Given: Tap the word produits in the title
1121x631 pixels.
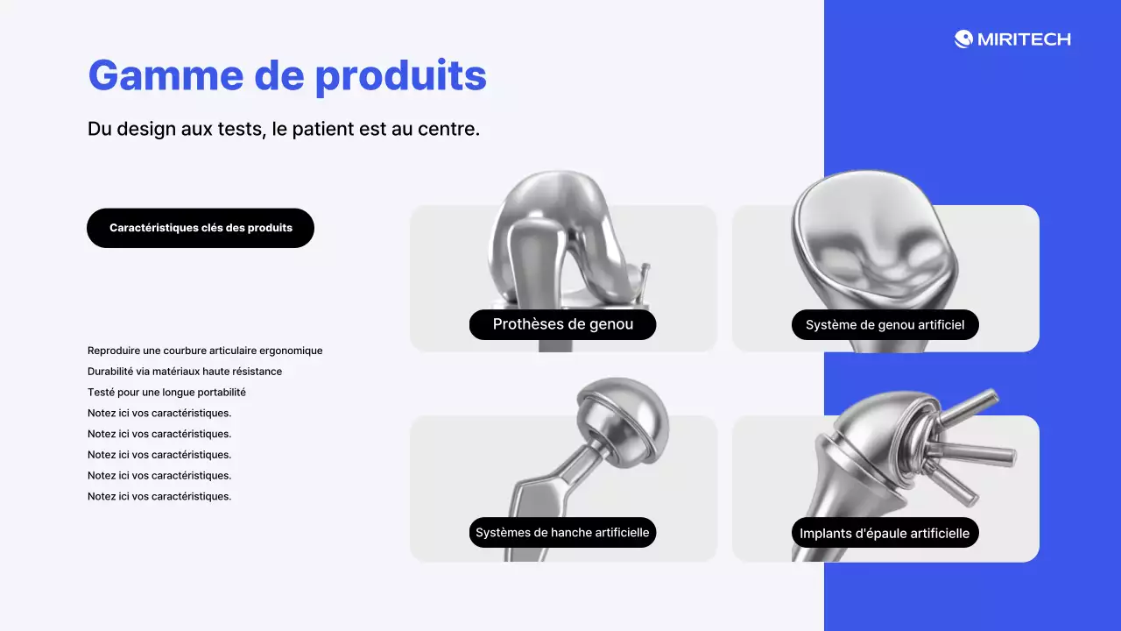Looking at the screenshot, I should pos(400,75).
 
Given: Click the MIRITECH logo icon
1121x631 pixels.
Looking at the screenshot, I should pos(963,39).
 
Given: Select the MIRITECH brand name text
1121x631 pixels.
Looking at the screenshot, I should pos(1024,39).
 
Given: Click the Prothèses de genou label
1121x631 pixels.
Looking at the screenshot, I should pos(562,324).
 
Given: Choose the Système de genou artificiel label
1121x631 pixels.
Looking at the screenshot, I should pos(885,325).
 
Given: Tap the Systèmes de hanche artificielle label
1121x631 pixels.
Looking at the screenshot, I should pos(562,532).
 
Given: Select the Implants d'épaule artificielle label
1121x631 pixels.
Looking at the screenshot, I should pos(885,533).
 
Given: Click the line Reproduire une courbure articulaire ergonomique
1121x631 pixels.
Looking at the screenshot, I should pos(205,351).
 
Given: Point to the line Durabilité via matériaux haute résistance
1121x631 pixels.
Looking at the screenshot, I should pos(185,372).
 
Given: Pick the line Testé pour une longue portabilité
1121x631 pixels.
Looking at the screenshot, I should pos(166,393).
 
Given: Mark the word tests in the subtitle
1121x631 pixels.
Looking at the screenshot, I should pos(242,129).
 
